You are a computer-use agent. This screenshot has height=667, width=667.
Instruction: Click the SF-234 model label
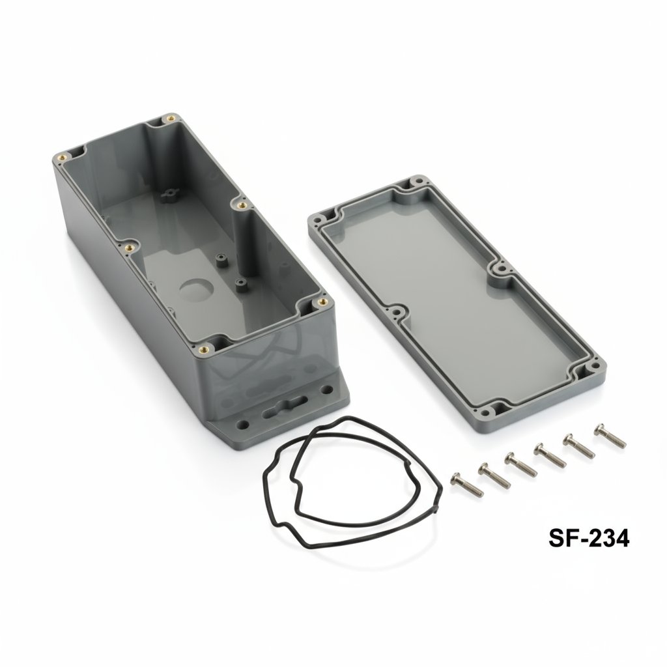click(588, 538)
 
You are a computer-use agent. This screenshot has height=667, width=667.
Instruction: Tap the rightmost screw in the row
click(610, 435)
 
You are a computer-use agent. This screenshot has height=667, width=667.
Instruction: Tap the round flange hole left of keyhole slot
click(244, 424)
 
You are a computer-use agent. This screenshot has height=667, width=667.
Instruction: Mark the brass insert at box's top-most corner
click(170, 119)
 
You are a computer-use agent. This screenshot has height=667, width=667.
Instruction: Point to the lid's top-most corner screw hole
click(414, 183)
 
